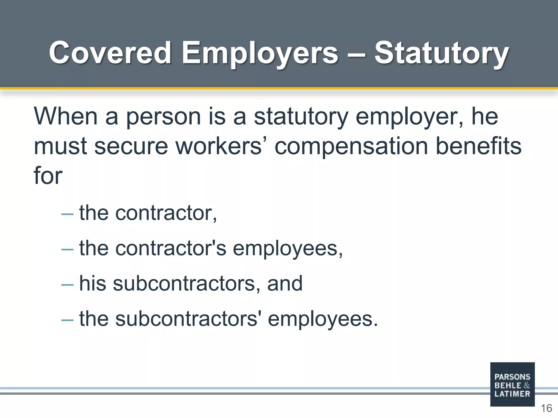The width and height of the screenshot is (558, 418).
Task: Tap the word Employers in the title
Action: pos(260,53)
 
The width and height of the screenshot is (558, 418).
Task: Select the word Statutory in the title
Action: pos(441,53)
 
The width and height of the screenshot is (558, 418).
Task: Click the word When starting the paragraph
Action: pos(66,116)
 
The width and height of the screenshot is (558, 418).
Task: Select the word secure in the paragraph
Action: pos(131,146)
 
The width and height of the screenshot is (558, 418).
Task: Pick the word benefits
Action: pos(478,146)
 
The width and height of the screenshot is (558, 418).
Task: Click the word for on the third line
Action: pos(48,176)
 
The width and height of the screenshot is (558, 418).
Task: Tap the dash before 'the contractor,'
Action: pos(67,214)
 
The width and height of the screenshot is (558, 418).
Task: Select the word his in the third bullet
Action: pos(92,283)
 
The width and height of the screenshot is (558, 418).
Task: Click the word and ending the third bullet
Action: pos(285,283)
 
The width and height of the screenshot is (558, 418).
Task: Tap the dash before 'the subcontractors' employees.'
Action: pos(67,320)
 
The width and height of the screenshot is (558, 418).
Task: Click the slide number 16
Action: pos(546,408)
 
